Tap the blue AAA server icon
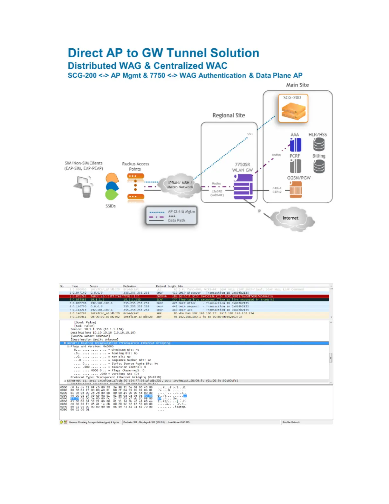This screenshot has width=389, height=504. click(295, 145)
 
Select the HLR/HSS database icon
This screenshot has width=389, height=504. click(319, 145)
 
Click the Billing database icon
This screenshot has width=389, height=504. click(319, 166)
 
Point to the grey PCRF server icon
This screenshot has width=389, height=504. click(295, 166)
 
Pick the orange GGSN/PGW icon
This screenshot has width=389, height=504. click(296, 190)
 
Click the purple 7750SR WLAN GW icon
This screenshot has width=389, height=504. click(243, 187)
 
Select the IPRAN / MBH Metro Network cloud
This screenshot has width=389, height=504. click(180, 185)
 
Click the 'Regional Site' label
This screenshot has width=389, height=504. click(229, 115)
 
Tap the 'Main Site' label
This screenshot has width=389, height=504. click(297, 85)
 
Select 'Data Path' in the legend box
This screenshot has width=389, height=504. click(176, 220)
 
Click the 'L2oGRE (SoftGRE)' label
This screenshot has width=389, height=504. click(217, 193)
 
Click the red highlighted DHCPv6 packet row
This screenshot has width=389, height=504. click(194, 296)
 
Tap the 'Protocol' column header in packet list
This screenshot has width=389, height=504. click(161, 286)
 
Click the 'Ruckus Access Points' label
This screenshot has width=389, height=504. click(135, 166)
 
